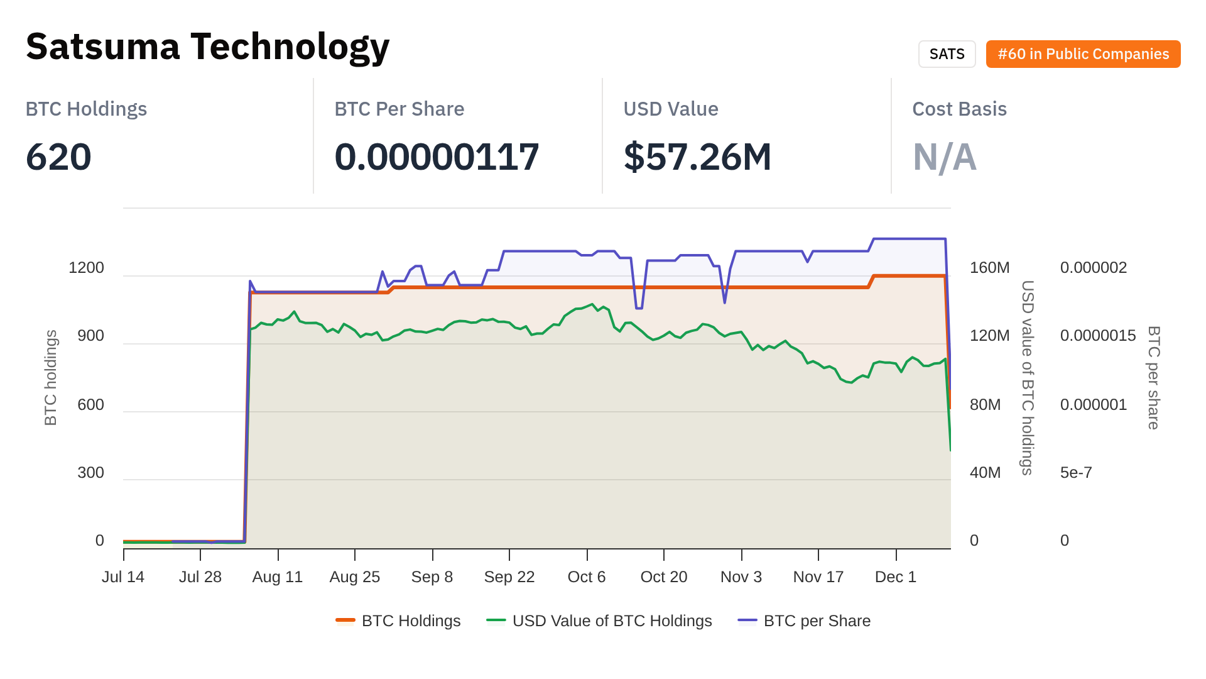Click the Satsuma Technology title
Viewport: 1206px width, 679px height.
[x=207, y=47]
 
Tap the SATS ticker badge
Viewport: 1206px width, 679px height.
[x=947, y=54]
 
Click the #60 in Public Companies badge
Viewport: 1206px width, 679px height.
[x=1083, y=54]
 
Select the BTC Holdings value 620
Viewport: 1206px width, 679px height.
[x=58, y=157]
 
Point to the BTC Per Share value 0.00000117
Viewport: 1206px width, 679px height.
[x=437, y=157]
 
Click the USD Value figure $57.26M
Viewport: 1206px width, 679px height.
[x=697, y=157]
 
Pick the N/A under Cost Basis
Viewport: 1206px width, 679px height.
[x=944, y=157]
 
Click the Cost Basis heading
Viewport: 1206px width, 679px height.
[x=959, y=109]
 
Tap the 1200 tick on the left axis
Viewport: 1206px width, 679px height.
[x=86, y=268]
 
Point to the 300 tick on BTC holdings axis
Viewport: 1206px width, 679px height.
[x=90, y=473]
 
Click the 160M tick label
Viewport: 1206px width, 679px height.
[x=989, y=268]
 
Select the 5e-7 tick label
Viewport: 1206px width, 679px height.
[x=1076, y=473]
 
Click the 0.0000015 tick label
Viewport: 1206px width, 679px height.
[x=1097, y=336]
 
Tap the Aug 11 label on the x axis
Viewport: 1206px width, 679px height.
[x=278, y=577]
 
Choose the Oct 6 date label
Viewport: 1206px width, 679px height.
[x=586, y=577]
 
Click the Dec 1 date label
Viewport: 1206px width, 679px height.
[x=895, y=577]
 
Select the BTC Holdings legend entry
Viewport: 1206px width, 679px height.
[x=399, y=621]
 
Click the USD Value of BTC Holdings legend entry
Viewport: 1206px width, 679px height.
[x=600, y=621]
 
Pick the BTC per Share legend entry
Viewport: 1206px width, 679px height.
[x=805, y=621]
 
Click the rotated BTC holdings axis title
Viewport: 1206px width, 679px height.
[x=51, y=377]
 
